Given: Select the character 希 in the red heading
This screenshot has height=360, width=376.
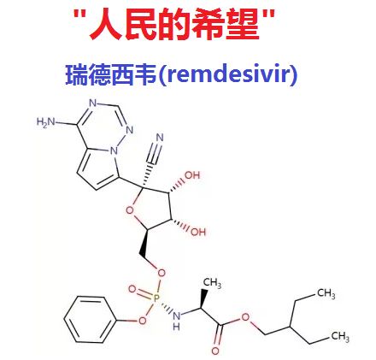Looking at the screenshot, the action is pyautogui.click(x=209, y=24).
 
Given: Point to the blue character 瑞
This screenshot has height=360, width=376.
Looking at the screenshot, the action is pyautogui.click(x=77, y=75).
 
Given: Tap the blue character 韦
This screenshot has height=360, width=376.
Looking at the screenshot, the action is pyautogui.click(x=145, y=75).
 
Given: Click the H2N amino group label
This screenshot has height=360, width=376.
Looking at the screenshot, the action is pyautogui.click(x=45, y=122).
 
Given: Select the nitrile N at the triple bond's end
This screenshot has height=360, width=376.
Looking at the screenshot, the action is pyautogui.click(x=160, y=138).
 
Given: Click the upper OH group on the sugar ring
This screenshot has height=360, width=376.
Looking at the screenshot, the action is pyautogui.click(x=192, y=174).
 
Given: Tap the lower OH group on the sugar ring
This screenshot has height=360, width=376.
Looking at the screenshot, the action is pyautogui.click(x=198, y=232).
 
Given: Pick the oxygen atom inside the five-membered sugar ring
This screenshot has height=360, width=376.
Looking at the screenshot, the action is pyautogui.click(x=130, y=210).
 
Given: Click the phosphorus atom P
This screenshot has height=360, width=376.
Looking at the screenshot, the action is pyautogui.click(x=156, y=298).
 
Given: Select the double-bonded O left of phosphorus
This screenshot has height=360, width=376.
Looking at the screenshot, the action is pyautogui.click(x=132, y=289).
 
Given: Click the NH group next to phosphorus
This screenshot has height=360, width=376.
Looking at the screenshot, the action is pyautogui.click(x=177, y=320).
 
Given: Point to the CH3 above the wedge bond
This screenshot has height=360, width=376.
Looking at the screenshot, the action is pyautogui.click(x=212, y=283).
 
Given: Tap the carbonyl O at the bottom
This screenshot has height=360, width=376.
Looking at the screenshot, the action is pyautogui.click(x=215, y=351).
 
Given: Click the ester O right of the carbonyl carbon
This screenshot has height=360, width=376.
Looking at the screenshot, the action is pyautogui.click(x=245, y=316).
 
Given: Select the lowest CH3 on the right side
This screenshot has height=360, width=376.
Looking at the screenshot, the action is pyautogui.click(x=340, y=336).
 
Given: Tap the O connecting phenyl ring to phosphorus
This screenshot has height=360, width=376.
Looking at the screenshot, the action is pyautogui.click(x=142, y=321).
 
